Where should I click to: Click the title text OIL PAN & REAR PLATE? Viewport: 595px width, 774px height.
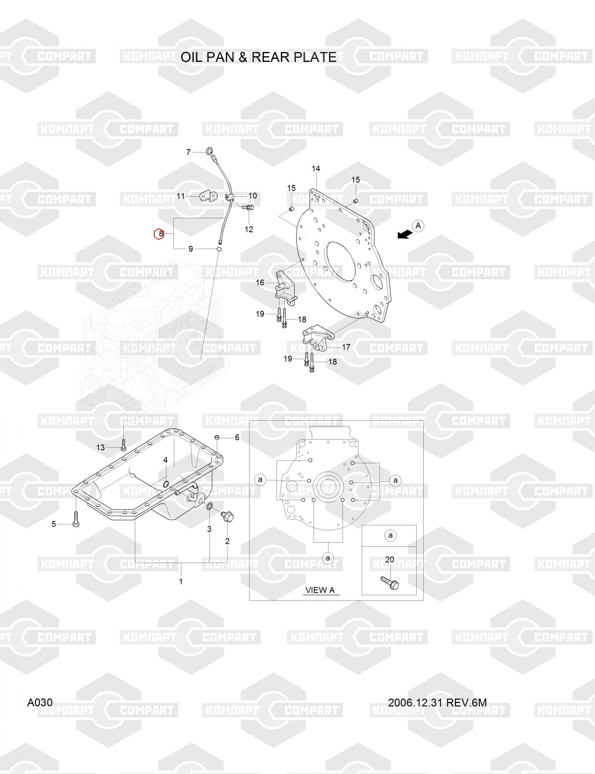point(258,57)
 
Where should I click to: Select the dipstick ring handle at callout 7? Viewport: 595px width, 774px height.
point(209,151)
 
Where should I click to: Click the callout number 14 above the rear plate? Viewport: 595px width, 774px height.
point(316,168)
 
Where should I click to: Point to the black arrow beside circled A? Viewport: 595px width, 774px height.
point(404,234)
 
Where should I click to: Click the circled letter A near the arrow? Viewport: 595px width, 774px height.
point(418,226)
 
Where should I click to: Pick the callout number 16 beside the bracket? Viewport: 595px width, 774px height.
point(260,283)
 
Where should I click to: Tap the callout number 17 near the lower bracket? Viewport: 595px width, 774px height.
point(346,347)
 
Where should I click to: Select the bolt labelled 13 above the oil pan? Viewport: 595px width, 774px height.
point(123,445)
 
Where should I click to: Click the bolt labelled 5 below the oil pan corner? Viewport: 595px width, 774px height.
point(75,519)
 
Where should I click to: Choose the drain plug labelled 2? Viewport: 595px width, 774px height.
point(228,517)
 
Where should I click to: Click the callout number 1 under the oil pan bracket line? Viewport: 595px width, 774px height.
point(181,581)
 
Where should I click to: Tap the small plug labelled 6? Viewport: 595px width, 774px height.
point(217,437)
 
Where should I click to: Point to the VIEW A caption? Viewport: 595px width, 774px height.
point(320,590)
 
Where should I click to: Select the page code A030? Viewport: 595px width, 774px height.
point(40,702)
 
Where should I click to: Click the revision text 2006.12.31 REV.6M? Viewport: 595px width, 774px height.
point(437,702)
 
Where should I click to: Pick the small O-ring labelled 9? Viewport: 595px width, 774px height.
point(219,249)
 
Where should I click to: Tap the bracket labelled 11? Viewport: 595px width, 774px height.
point(207,195)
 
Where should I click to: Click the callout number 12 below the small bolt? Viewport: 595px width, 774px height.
point(249,229)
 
